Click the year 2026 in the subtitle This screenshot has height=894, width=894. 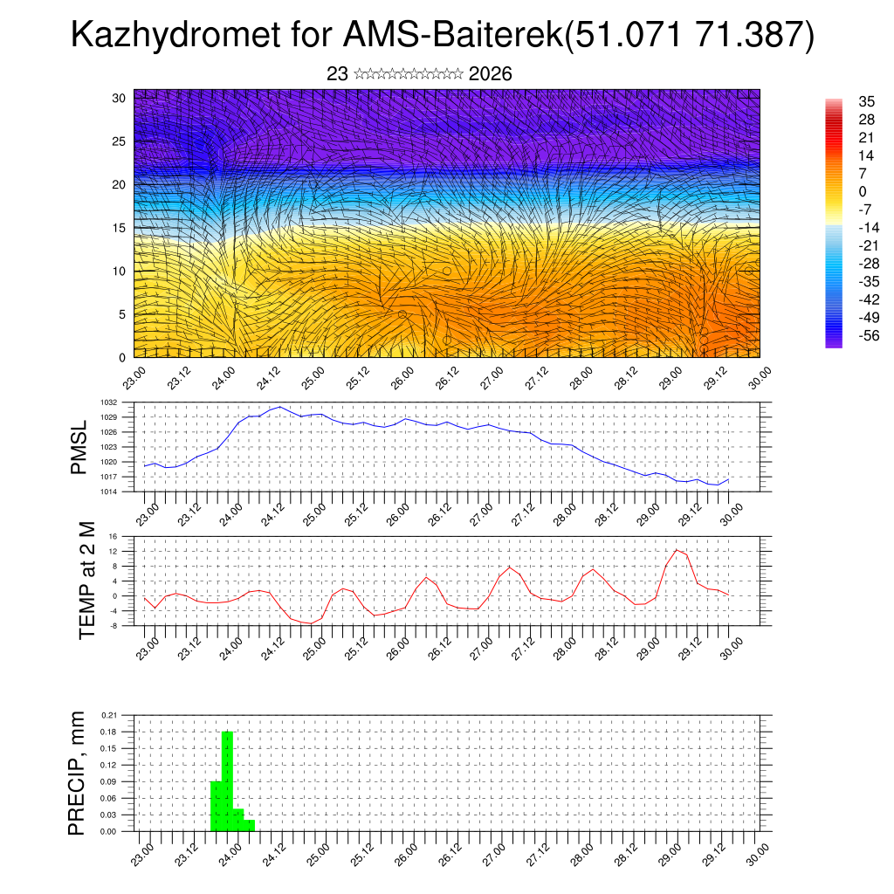point(490,74)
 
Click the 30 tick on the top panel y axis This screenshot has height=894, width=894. point(119,98)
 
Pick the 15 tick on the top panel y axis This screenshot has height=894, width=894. point(119,228)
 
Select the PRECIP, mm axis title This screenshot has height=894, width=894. point(79,773)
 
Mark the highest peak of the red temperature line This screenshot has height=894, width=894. point(677,549)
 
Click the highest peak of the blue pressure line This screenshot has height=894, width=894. point(280,407)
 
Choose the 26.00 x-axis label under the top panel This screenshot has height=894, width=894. point(402,382)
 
